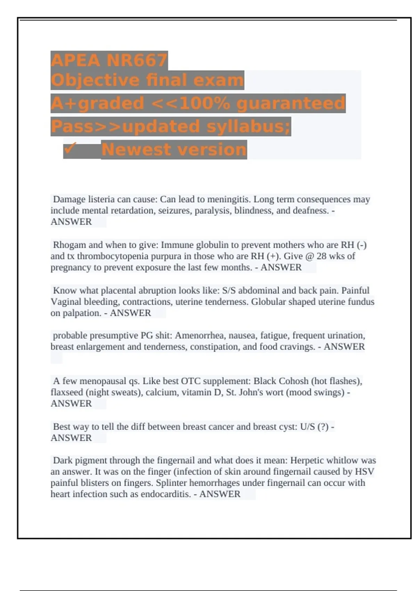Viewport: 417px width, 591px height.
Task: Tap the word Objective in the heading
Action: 95,80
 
